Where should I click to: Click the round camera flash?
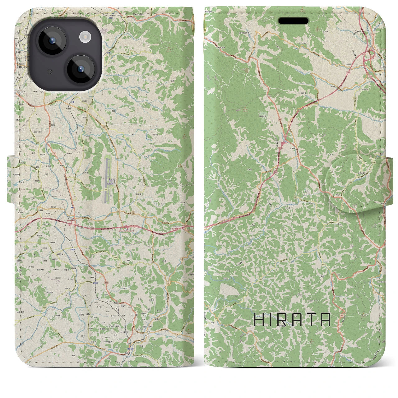click(85, 37)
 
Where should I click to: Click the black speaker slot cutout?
click(293, 21)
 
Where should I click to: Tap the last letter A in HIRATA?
click(325, 319)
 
